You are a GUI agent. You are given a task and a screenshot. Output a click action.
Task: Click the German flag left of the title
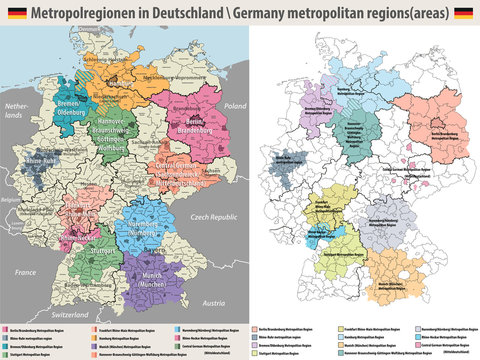(x=15, y=12)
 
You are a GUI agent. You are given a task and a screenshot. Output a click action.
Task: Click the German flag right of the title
(x=464, y=12)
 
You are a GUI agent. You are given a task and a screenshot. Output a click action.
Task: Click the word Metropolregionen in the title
(x=85, y=12)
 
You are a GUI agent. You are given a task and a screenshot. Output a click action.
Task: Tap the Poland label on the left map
(x=233, y=104)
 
